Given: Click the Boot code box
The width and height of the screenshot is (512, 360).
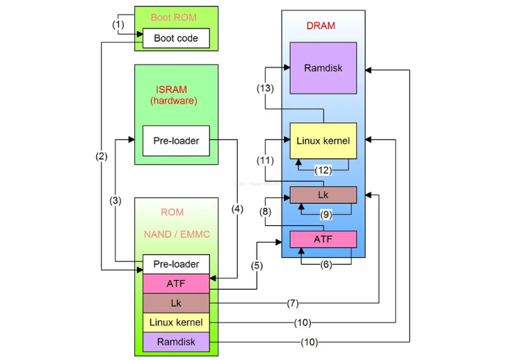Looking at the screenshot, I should pos(176,38).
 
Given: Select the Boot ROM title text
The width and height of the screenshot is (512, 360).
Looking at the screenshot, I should pos(174,17).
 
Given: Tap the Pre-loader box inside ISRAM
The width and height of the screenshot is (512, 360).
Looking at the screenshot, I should pos(176,141).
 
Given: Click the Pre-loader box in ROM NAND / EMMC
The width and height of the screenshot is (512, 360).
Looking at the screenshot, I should pos(176,264).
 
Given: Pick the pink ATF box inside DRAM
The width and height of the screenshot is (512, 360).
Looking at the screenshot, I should pos(323,239).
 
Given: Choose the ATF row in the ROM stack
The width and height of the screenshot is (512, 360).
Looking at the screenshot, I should pos(176,284).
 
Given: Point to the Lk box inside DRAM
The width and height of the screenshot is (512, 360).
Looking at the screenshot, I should pos(323,195).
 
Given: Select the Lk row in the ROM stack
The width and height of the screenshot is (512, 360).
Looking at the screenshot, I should pos(176,303).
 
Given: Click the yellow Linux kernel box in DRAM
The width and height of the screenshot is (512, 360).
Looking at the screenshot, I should pos(323,141).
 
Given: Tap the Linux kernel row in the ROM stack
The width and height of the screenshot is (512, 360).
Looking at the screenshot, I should pos(176,322).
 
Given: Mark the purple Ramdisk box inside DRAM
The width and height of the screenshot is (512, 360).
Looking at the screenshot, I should pos(323,68).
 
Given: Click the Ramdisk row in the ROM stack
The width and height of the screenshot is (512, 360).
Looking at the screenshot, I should pos(176,342).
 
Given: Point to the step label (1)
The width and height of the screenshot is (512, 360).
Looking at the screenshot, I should pos(119,24).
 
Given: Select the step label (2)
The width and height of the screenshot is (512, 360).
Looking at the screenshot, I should pos(102,156).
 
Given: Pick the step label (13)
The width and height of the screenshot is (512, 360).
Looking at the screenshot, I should pos(265,88).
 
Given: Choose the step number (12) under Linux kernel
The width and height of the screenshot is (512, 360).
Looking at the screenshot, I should pos(323,170).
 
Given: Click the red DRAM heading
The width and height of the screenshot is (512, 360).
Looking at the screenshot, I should pos(321,26).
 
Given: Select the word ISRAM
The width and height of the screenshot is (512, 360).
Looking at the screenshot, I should pos(173,90).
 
